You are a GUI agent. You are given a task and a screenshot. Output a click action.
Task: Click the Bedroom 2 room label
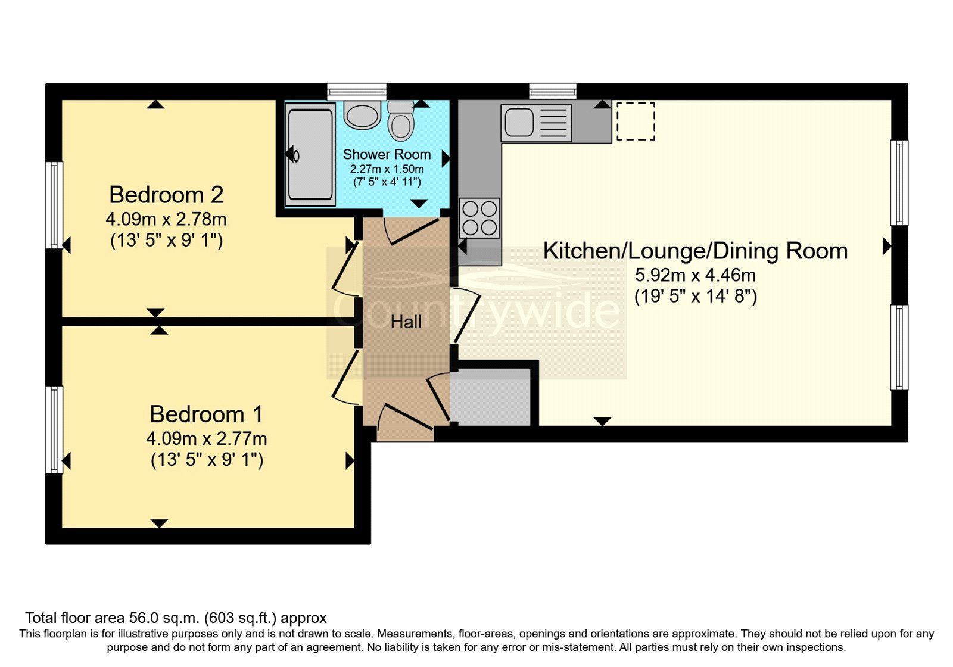tap(166, 195)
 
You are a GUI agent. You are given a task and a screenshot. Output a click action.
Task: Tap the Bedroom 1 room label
tap(206, 414)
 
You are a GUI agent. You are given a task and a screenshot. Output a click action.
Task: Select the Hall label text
tap(406, 322)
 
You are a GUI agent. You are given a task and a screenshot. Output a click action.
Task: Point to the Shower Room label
tap(387, 154)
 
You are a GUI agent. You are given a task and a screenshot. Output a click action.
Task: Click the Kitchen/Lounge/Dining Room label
tap(695, 251)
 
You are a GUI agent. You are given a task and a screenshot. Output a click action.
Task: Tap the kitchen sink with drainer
tap(536, 122)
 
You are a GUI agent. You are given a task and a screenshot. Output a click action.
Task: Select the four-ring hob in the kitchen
tap(479, 218)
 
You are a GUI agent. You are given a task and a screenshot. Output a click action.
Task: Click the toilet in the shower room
tap(401, 121)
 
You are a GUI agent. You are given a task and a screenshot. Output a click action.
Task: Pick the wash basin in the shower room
tap(362, 114)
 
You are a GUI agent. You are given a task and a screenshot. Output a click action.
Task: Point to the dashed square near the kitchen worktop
tap(636, 121)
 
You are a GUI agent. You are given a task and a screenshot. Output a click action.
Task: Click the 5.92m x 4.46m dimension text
tap(695, 275)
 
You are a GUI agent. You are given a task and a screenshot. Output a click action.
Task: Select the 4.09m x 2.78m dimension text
tap(166, 219)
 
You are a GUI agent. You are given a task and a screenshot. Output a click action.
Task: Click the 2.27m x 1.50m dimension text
tap(387, 169)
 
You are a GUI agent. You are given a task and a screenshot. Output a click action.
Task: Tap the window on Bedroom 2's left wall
tap(54, 204)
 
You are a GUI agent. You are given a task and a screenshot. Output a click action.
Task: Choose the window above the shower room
tap(357, 91)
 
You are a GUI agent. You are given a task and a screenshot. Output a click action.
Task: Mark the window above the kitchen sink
tap(553, 91)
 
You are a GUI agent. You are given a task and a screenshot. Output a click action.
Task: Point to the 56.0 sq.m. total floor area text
tap(176, 618)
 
